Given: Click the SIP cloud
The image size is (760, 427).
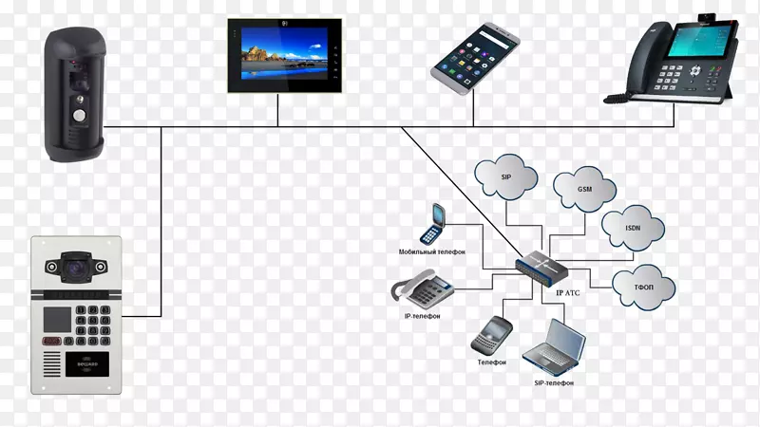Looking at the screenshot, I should coord(506,176).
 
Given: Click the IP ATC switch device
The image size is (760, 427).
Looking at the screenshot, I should coord(543,268).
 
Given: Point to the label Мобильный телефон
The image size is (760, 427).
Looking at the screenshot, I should coord(433,252).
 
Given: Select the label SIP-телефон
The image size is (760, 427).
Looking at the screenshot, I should coord(547,382).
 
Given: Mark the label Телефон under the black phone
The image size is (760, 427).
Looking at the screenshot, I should coord(492,362).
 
